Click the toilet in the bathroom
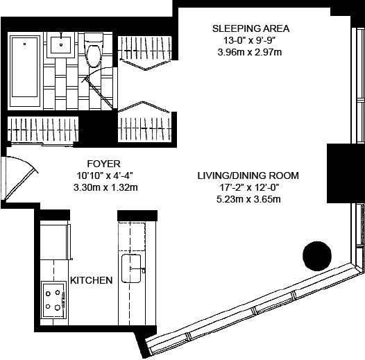click(x=94, y=50)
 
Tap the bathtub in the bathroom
click(x=25, y=69)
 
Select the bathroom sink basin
click(x=61, y=44)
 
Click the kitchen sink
click(x=131, y=268)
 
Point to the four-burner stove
click(x=53, y=300)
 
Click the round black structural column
click(x=317, y=256)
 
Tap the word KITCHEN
click(x=92, y=280)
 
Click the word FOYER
click(x=103, y=164)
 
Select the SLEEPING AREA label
click(x=251, y=28)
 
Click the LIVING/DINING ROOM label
click(x=248, y=175)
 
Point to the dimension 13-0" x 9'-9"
click(x=250, y=40)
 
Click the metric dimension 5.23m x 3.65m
click(x=248, y=199)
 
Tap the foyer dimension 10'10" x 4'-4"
click(x=105, y=175)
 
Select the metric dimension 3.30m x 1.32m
click(x=105, y=187)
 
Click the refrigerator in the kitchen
click(x=56, y=241)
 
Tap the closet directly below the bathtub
click(x=43, y=130)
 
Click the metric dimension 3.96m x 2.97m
click(x=250, y=52)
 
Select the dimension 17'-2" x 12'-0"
click(x=249, y=187)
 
